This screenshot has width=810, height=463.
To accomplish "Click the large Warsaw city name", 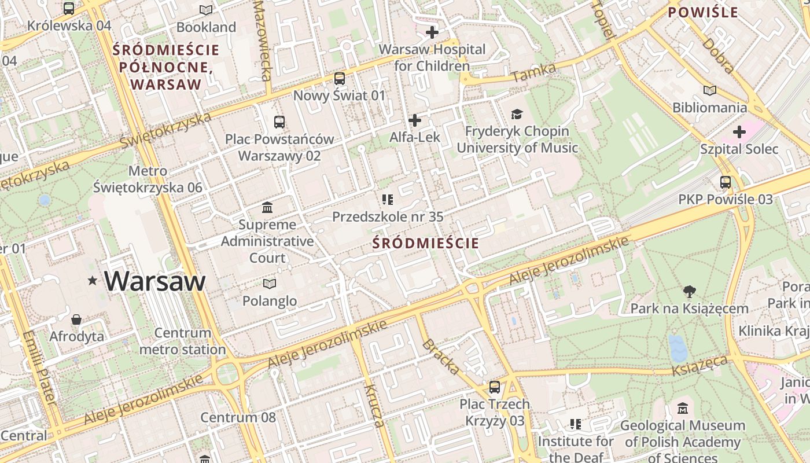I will tap(155, 281).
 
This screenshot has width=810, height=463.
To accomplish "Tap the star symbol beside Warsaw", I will tap(92, 281).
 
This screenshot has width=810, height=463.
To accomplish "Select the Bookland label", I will tap(206, 27).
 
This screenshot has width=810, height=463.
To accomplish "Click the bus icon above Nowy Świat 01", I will tap(340, 79).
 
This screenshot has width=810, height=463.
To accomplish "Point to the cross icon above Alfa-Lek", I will tap(415, 120).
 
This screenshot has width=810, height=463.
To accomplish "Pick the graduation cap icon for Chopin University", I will tap(517, 115).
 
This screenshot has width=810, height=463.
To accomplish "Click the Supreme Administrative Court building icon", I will tap(267, 207).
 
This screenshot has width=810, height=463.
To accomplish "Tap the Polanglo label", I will tap(269, 301).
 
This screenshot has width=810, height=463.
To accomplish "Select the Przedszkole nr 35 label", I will tap(388, 216).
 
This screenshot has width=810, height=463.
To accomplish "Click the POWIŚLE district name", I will tap(703, 12).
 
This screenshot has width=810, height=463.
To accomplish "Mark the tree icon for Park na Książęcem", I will tap(689, 291).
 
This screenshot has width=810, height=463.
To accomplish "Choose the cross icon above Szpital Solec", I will tap(739, 132).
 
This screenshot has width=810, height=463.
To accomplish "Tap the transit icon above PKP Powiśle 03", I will tap(725, 182).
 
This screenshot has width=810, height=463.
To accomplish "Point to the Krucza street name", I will tap(374, 405).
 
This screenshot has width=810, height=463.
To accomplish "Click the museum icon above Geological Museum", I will tap(682, 409).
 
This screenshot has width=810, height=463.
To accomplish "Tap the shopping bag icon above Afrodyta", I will tap(76, 319).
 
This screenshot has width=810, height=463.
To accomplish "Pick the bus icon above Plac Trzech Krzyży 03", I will tap(495, 387).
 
